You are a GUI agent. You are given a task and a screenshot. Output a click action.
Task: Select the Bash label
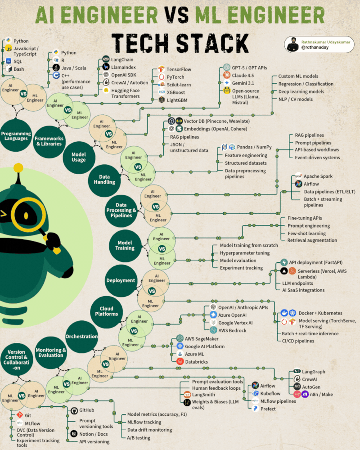19,69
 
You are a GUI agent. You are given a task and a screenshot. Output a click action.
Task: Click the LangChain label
122,59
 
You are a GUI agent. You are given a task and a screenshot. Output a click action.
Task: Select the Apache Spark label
318,176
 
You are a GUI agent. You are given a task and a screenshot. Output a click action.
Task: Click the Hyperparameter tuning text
245,253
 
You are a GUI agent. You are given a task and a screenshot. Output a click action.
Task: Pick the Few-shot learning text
307,233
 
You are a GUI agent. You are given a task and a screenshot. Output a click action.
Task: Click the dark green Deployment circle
121,280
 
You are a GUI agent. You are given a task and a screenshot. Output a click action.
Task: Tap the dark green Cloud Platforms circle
106,311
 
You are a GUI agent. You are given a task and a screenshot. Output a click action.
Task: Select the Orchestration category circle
81,336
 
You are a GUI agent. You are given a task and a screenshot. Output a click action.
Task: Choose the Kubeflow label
270,393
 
